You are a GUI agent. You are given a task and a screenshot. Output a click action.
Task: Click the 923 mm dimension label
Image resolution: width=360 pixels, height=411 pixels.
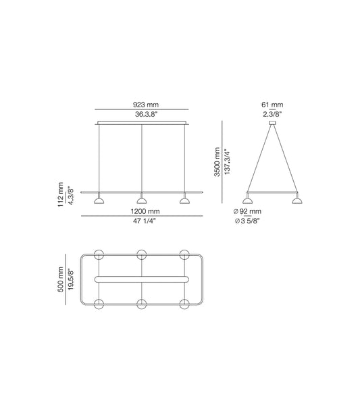pos(142,105)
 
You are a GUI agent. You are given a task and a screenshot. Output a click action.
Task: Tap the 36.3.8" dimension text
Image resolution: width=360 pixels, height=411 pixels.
pos(142,115)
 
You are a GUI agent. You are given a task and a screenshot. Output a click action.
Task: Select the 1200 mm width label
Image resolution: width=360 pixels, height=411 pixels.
pos(142,211)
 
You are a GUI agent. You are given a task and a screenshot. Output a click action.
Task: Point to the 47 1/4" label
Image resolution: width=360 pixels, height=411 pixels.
pos(142,221)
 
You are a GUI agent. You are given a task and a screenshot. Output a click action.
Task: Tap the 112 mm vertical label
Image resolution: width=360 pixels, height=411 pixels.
pos(61,194)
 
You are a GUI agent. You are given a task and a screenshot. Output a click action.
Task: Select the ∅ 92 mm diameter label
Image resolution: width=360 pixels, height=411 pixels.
pos(247,211)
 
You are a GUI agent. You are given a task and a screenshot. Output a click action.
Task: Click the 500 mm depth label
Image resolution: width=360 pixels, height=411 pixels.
pos(61,280)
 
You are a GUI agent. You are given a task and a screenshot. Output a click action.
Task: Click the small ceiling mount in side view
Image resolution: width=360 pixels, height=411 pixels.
pos(273,123)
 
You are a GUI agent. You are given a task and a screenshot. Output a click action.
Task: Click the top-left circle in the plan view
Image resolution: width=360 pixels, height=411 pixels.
pos(99,254)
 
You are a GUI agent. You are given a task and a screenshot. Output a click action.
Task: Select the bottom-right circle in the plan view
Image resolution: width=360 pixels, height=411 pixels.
pos(184,304)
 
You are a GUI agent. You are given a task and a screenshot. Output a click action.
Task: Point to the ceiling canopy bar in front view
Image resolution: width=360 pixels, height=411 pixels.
pos(142,123)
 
